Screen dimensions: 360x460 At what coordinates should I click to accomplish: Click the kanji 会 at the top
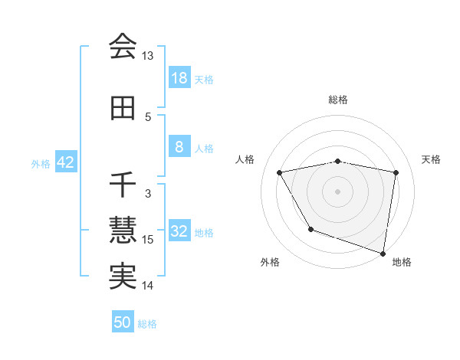click(x=123, y=47)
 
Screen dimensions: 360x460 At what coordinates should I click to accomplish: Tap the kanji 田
click(x=123, y=109)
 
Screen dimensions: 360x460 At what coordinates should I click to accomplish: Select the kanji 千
click(x=123, y=185)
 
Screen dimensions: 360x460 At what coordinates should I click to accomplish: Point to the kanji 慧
click(x=123, y=230)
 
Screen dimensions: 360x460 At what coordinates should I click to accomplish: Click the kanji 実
click(x=123, y=277)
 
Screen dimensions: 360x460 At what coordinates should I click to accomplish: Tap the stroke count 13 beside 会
click(x=148, y=56)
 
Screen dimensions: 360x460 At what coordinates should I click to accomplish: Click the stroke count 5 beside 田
click(x=148, y=117)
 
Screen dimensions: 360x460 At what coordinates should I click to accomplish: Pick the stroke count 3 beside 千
click(x=148, y=193)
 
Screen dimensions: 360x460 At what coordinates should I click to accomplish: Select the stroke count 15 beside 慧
click(x=148, y=240)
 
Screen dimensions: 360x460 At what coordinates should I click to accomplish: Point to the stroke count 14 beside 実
click(x=148, y=286)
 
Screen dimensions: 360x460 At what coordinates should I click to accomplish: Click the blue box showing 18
click(x=179, y=78)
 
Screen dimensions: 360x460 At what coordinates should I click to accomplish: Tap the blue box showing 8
click(x=179, y=147)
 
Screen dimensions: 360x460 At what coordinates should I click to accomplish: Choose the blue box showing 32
click(x=179, y=231)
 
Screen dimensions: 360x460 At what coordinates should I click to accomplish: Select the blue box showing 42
click(x=65, y=162)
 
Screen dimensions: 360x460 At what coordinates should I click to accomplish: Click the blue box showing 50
click(x=123, y=322)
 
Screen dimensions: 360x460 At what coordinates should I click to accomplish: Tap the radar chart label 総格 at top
click(x=338, y=100)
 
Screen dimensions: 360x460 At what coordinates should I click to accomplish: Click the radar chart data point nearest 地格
click(x=383, y=253)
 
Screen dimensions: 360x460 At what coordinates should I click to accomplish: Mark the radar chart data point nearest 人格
click(x=280, y=173)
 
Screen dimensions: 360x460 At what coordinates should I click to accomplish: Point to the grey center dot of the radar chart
click(x=338, y=191)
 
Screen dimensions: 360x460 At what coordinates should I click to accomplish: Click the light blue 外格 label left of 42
click(x=41, y=163)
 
